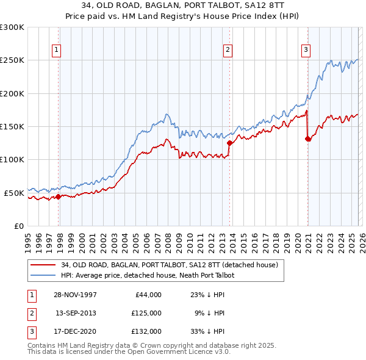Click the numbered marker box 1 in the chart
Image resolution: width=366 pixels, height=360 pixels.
pos(56,50)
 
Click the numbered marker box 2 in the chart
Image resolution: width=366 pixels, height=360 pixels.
pos(228,50)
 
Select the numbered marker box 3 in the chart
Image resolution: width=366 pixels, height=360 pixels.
pos(306,50)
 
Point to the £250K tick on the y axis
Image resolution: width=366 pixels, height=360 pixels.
pos(12,60)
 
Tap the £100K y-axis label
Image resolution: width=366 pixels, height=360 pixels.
pos(12,159)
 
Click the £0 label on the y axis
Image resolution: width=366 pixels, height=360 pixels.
pos(18,226)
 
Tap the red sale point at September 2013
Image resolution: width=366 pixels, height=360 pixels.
pos(229,143)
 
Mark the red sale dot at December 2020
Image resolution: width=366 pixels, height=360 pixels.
pos(307,139)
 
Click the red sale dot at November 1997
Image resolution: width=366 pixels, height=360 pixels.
pos(59,196)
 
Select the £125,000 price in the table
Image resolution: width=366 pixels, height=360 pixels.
pos(146,313)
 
